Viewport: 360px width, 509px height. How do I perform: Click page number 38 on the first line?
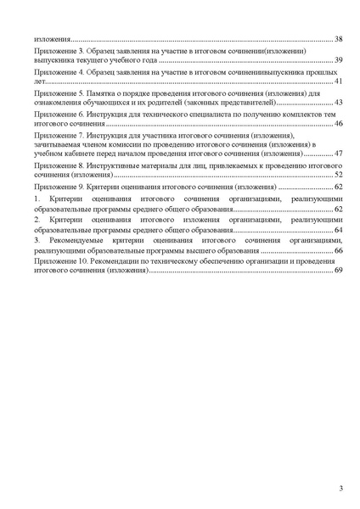(x=337, y=40)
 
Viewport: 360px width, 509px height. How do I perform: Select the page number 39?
(x=337, y=61)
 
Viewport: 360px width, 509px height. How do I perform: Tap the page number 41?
(x=337, y=81)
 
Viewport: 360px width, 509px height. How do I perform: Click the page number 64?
(x=337, y=229)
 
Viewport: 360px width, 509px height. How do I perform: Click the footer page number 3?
(x=340, y=487)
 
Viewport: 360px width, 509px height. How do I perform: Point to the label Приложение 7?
(x=59, y=135)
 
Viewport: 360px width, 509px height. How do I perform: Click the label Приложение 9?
(x=59, y=186)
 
